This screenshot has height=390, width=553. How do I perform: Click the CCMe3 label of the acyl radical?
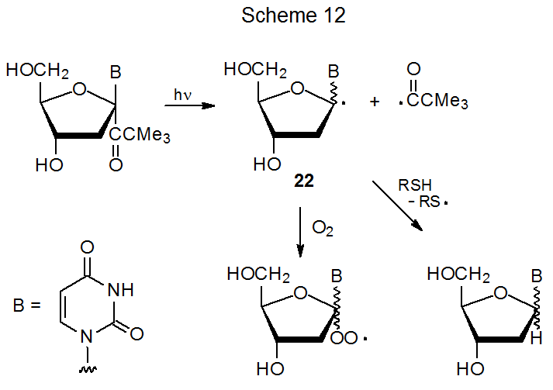(x=439, y=102)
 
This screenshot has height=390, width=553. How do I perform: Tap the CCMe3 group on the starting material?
(x=140, y=136)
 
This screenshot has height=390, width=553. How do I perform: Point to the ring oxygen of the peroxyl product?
(x=302, y=293)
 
